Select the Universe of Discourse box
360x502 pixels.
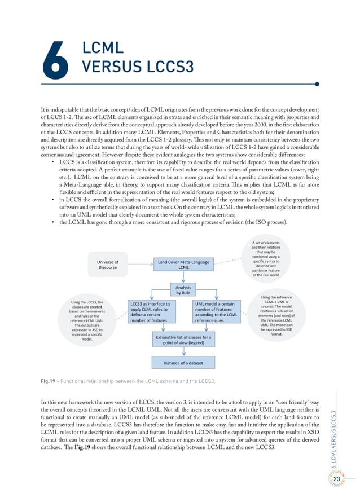(x=107, y=265)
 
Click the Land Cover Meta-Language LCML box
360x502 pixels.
(x=184, y=265)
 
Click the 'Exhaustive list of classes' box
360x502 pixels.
(x=183, y=340)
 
